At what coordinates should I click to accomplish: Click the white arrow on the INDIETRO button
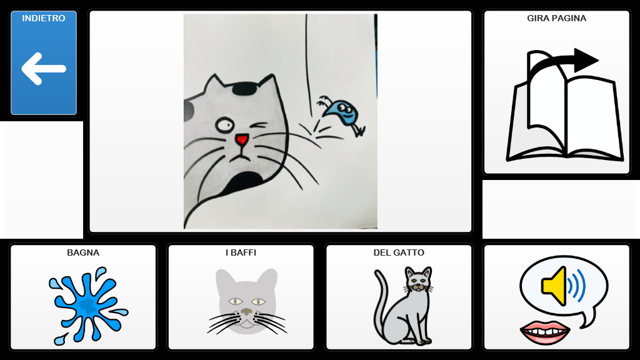[43, 69]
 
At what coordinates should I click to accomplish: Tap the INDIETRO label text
[44, 18]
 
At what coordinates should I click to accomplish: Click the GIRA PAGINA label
[556, 18]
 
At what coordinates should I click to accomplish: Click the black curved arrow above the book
[563, 61]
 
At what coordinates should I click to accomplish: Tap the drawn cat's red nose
[242, 139]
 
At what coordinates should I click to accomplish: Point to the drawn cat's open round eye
[224, 125]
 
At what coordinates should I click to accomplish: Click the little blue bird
[342, 114]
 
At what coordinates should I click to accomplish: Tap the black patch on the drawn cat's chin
[245, 179]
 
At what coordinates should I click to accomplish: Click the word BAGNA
[83, 252]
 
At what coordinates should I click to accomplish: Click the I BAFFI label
[241, 252]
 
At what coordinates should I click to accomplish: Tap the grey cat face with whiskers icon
[246, 302]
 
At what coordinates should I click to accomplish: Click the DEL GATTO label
[399, 252]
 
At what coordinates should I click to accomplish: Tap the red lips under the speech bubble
[545, 332]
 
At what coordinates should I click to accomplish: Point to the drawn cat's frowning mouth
[242, 156]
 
